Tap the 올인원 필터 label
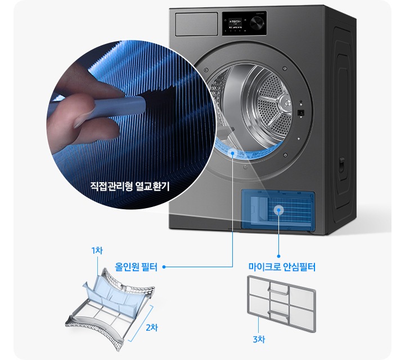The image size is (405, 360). coord(137,267)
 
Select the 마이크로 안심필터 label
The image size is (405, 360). coord(281,267)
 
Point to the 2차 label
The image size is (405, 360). coord(151,327)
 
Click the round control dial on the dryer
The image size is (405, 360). coord(258,23)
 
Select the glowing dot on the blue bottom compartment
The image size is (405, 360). coord(278,210)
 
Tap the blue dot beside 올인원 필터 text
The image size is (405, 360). coord(164,268)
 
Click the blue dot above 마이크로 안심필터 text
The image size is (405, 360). coord(278,251)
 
